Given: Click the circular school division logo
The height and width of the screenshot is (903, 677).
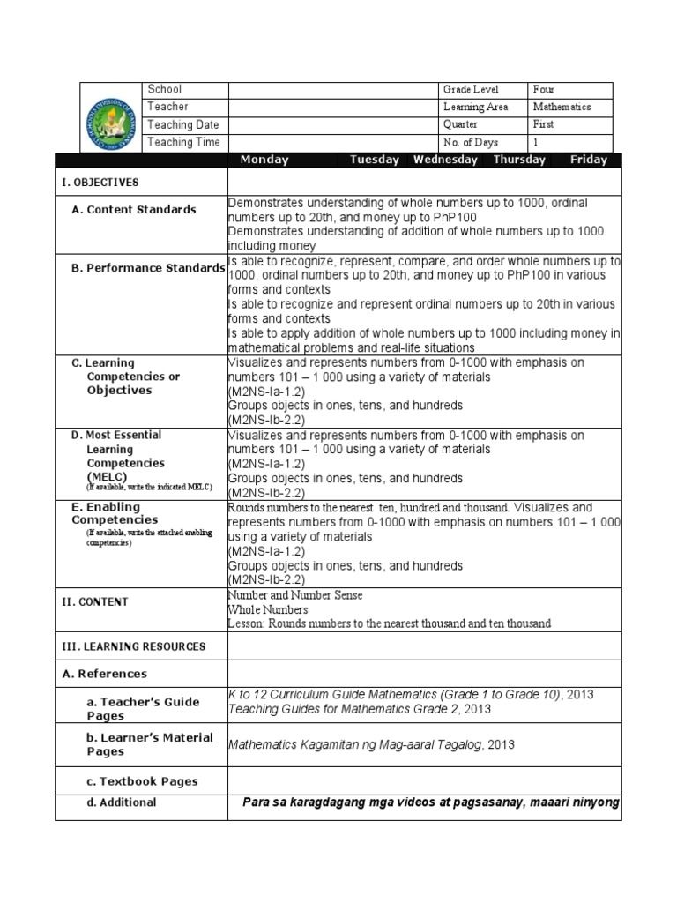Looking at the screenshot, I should (112, 116).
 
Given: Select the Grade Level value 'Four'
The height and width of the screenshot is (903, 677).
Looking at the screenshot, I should (545, 90).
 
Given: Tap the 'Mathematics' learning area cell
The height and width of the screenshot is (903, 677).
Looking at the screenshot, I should (562, 108).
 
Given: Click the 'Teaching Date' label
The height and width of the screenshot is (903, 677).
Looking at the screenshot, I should (183, 125).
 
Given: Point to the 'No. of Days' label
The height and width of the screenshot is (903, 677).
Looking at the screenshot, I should (472, 143).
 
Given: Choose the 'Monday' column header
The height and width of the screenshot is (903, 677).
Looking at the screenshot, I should (264, 160).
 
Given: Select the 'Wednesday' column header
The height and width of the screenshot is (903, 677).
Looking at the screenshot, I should (445, 160).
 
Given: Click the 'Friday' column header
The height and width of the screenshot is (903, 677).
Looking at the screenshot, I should (589, 160).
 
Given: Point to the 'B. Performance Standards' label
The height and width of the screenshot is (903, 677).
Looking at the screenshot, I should (148, 268).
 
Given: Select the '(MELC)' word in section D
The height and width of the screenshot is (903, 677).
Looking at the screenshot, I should (107, 477).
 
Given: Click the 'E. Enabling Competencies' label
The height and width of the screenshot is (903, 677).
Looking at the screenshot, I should (119, 513).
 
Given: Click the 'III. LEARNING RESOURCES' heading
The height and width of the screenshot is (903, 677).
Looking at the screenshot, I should (132, 646).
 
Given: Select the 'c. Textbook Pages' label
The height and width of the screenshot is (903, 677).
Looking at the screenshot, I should (142, 781).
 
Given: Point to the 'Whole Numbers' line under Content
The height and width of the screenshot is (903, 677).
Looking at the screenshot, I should (268, 609).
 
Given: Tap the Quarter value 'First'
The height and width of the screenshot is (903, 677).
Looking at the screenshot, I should (544, 125).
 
